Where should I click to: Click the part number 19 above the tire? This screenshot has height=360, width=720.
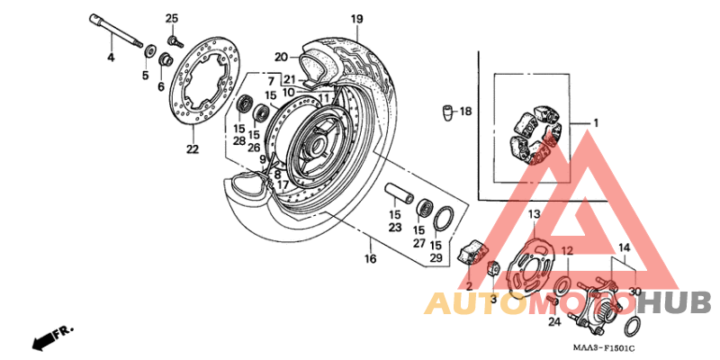(x=357, y=19)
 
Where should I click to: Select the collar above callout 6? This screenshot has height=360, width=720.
(x=166, y=60)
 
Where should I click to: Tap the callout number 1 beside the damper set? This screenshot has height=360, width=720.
(x=594, y=121)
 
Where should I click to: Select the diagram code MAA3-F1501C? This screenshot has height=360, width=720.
(x=604, y=346)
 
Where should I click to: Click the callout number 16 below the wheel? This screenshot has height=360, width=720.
(x=369, y=259)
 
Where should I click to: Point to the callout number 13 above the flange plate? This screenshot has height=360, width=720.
(x=534, y=214)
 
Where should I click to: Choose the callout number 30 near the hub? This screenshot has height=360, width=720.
(x=635, y=291)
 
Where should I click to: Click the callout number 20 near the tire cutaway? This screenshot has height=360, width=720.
(x=280, y=56)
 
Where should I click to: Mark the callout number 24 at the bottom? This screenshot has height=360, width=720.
(x=554, y=320)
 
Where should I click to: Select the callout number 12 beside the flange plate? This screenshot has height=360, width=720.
(x=567, y=251)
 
